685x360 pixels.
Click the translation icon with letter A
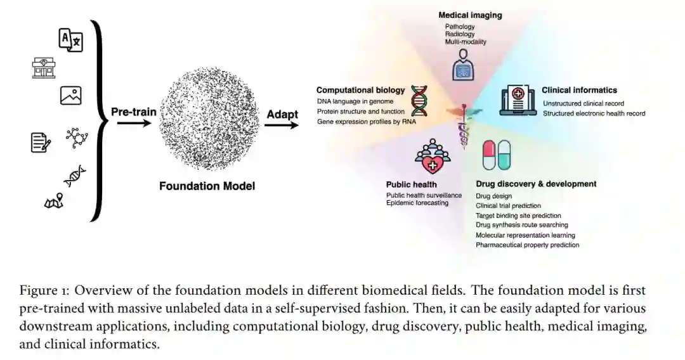(70, 40)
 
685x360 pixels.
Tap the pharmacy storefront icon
(44, 67)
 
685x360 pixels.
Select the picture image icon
(70, 96)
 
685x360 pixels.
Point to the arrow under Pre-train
(134, 124)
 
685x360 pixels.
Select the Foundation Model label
(207, 186)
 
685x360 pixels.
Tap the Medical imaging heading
(470, 15)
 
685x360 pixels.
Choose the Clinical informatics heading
(579, 90)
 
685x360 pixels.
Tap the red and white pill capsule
(488, 155)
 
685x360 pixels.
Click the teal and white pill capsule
(504, 155)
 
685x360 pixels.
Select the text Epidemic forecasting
(417, 203)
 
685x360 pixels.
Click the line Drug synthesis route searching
(522, 225)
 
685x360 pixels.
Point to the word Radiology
(460, 34)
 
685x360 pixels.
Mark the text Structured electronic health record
(594, 113)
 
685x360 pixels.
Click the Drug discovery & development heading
(536, 184)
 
